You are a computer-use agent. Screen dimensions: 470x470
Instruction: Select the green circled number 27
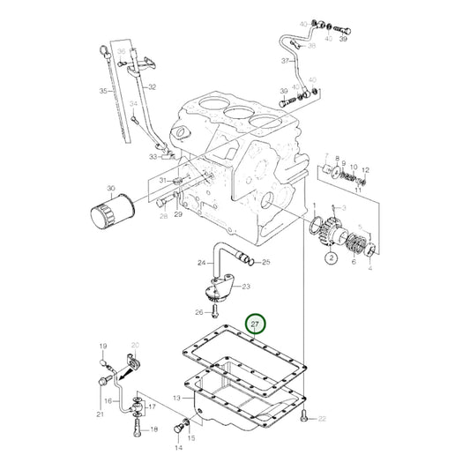257,325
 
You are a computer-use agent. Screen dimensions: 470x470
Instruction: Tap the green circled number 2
329,258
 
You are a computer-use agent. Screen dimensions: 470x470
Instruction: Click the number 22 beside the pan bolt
323,418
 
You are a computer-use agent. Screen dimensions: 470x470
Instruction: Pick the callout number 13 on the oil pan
175,399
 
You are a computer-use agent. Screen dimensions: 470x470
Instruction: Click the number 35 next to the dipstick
103,91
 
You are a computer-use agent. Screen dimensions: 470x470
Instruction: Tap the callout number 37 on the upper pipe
285,61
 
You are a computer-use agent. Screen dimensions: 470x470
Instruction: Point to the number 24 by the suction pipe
201,263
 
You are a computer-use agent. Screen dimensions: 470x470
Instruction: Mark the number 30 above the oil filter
110,188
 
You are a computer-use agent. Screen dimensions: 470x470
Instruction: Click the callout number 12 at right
366,170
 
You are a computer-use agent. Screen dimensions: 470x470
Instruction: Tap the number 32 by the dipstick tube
152,87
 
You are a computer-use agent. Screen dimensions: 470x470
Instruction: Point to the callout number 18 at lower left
155,429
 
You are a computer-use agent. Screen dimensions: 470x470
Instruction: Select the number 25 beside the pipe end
266,263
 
